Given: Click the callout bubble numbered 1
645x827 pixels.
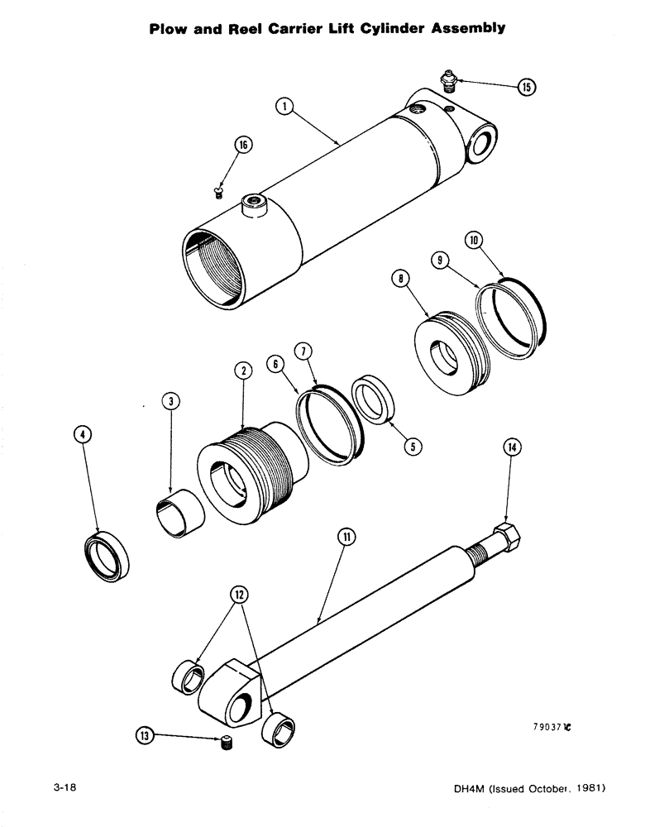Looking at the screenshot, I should point(284,107).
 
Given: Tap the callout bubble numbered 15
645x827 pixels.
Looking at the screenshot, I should point(526,88).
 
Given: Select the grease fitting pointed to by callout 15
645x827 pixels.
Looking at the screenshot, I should point(449,79).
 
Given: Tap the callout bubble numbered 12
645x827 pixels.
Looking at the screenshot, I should point(239,594).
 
